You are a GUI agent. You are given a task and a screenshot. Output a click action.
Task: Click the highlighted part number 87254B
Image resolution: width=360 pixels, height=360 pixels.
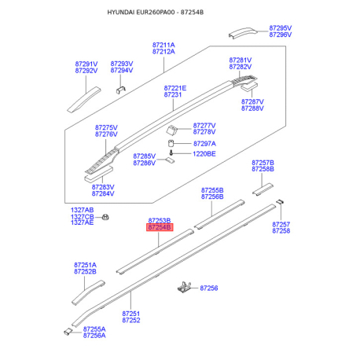pos(160,227)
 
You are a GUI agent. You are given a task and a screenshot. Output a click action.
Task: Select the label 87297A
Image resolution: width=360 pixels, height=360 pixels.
pos(204,144)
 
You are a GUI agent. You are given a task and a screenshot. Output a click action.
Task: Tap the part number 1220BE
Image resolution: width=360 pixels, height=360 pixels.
pos(204,154)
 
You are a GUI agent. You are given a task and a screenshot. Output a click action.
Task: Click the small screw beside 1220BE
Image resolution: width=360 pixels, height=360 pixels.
pos(171,152)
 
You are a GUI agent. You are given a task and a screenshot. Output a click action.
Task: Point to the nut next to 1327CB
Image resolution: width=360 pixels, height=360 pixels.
pos(105,217)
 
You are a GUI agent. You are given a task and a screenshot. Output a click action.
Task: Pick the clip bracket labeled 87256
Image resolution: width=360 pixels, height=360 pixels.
pos(184,287)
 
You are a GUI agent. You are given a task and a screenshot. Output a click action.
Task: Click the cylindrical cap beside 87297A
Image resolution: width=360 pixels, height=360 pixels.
pos(171,143)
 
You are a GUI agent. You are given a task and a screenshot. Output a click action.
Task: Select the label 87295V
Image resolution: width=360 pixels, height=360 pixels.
pos(281,28)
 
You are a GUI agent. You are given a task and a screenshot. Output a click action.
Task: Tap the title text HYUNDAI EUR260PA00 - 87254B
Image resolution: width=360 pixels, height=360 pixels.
pos(156,13)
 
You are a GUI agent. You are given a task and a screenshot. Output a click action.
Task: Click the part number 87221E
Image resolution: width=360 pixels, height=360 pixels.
pos(175,88)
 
